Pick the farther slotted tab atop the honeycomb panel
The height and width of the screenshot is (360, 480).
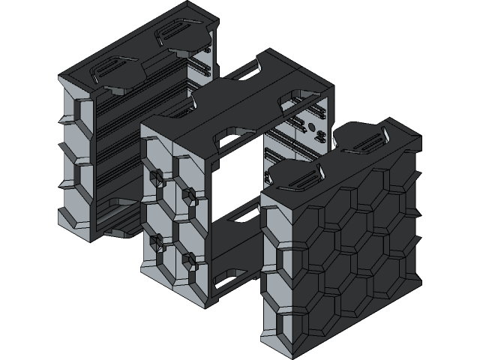click(364, 141)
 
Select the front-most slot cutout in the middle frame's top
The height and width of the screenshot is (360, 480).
click(225, 135)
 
